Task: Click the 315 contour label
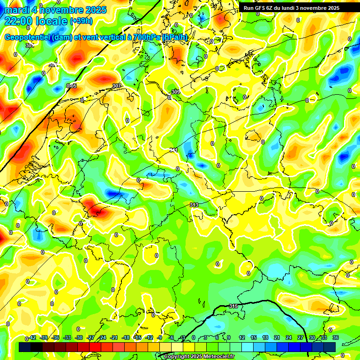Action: pyautogui.click(x=233, y=306)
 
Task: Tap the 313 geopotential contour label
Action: pyautogui.click(x=194, y=205)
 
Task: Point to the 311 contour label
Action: pyautogui.click(x=173, y=150)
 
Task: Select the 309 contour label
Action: pyautogui.click(x=176, y=92)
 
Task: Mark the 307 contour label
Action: pyautogui.click(x=117, y=86)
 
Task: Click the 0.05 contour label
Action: pyautogui.click(x=71, y=86)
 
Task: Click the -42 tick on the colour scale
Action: pyautogui.click(x=32, y=337)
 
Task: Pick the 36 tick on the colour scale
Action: pyautogui.click(x=336, y=337)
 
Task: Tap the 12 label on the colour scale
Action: pyautogui.click(x=242, y=337)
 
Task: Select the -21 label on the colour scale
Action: pyautogui.click(x=114, y=337)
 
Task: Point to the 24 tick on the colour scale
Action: pyautogui.click(x=289, y=337)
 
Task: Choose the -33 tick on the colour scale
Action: pyautogui.click(x=67, y=337)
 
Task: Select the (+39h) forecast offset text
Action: pyautogui.click(x=81, y=21)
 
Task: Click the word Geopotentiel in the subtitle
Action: pyautogui.click(x=28, y=37)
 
